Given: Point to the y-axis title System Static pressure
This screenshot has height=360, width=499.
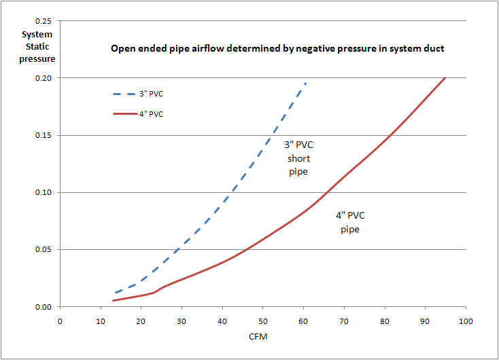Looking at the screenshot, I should [x=38, y=46].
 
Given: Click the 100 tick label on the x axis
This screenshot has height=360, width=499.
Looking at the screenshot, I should [x=466, y=321].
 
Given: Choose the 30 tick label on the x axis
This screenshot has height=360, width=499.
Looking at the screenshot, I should [x=182, y=321].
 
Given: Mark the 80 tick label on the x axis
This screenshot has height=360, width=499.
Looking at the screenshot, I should [x=384, y=321].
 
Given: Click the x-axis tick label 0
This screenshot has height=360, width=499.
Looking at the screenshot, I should [x=60, y=321].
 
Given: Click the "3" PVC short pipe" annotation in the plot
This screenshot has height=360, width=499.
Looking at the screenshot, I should [x=298, y=158].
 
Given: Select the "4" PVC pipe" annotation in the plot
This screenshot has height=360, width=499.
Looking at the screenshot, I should [x=350, y=223].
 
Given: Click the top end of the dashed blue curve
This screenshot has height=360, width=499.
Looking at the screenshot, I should [x=307, y=82].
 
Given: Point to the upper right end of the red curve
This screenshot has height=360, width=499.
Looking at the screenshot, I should [x=445, y=77].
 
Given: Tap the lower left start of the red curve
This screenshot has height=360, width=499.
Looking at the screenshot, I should [x=113, y=300].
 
